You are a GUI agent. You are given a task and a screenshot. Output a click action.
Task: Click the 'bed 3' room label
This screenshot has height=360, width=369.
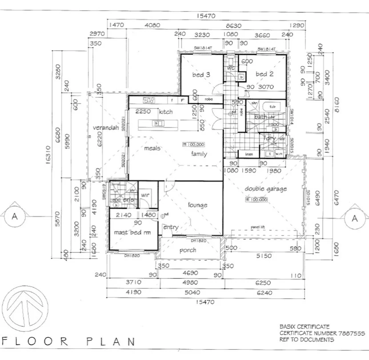click(x=201, y=75)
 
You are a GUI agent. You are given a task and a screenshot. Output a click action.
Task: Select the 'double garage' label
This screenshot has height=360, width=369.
click(x=266, y=189)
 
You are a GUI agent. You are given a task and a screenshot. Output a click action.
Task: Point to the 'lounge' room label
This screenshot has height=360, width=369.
click(x=197, y=205)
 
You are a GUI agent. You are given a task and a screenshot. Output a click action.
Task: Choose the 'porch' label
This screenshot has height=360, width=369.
click(x=188, y=250)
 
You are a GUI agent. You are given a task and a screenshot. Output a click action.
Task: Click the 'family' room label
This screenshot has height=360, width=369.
click(x=199, y=154)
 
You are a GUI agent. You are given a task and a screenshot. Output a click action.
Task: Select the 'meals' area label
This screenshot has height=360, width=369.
click(x=152, y=148)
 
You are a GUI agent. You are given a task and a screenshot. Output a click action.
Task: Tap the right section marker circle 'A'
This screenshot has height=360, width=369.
click(x=354, y=218)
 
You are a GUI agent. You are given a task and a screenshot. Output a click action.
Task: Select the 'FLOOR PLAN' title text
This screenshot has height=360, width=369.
click(x=69, y=342)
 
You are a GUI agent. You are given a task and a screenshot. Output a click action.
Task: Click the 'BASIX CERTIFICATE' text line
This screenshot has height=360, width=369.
click(x=305, y=326)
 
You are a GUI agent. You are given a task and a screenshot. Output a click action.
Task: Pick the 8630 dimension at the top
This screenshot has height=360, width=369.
click(x=233, y=26)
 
